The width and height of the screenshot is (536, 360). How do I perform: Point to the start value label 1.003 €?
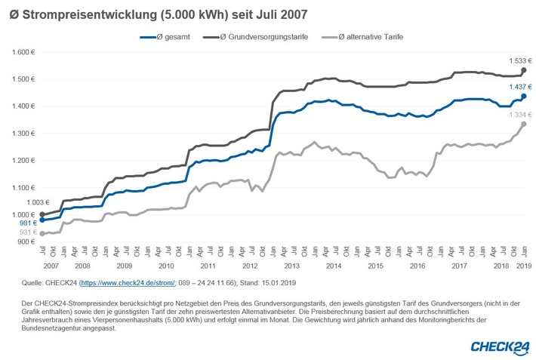coord(37,202)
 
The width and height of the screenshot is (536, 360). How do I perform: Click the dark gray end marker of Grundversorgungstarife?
coord(524,70)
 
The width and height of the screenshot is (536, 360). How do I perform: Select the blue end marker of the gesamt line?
coord(524,97)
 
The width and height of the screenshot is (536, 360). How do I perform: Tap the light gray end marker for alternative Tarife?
coord(524,125)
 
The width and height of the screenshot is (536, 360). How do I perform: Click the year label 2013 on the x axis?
coord(291,267)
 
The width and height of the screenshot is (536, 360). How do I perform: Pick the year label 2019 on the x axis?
coord(522,267)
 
